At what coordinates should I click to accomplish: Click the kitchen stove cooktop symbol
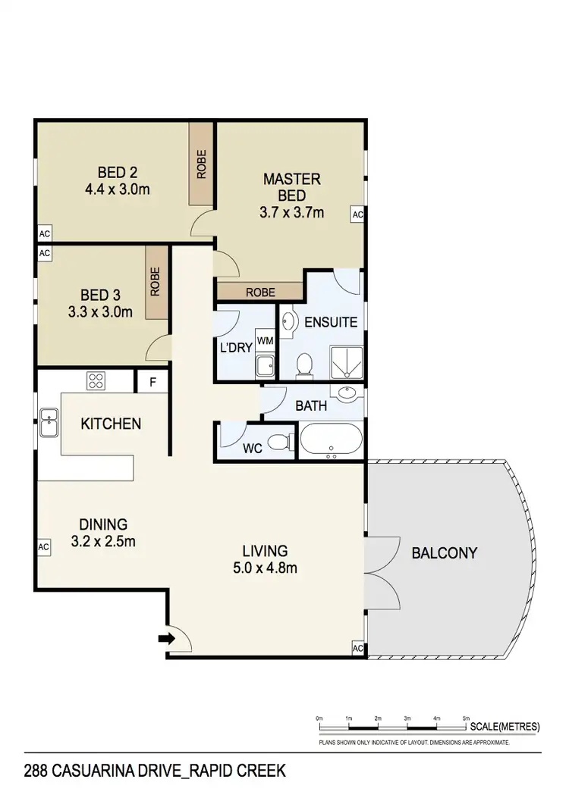pos(97,380)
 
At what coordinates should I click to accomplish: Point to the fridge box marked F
pos(152,382)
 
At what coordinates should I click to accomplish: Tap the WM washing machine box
pos(265,341)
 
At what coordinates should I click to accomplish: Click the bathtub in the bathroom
pos(332,441)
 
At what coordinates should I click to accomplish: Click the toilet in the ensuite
pos(304,364)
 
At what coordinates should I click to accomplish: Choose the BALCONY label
pos(445,553)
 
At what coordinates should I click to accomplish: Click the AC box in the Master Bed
pos(357,215)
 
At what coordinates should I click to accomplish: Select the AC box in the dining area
pos(43,546)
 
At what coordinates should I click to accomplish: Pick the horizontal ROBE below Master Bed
pos(259,291)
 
